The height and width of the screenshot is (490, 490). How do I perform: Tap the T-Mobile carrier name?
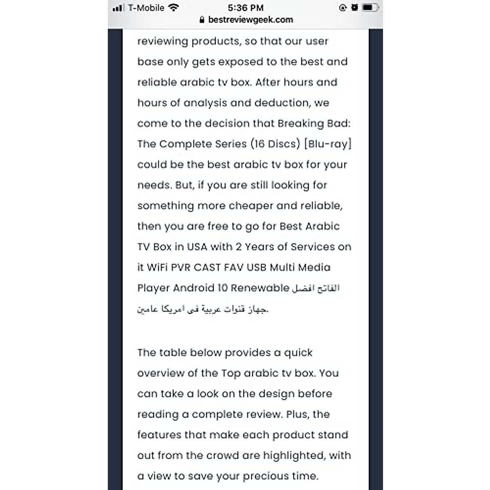[x=146, y=8]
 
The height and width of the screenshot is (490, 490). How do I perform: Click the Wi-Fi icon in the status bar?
[x=174, y=8]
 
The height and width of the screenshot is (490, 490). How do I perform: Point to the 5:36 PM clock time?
[x=245, y=8]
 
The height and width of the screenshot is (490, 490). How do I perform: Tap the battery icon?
[x=370, y=8]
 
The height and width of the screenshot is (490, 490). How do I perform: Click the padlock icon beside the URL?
[x=202, y=20]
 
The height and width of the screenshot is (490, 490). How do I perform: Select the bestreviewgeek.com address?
[x=250, y=20]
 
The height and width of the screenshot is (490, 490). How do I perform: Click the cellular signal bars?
[x=118, y=8]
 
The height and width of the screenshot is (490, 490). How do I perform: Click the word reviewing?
[x=163, y=41]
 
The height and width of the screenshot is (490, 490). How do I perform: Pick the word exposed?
[x=241, y=62]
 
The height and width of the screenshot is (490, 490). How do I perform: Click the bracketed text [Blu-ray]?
[x=327, y=144]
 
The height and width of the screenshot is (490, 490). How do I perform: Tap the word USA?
[x=197, y=247]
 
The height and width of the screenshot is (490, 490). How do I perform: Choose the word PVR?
[x=180, y=267]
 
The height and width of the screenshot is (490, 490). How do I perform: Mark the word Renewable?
[x=260, y=288]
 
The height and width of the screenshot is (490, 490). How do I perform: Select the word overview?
[x=160, y=373]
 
